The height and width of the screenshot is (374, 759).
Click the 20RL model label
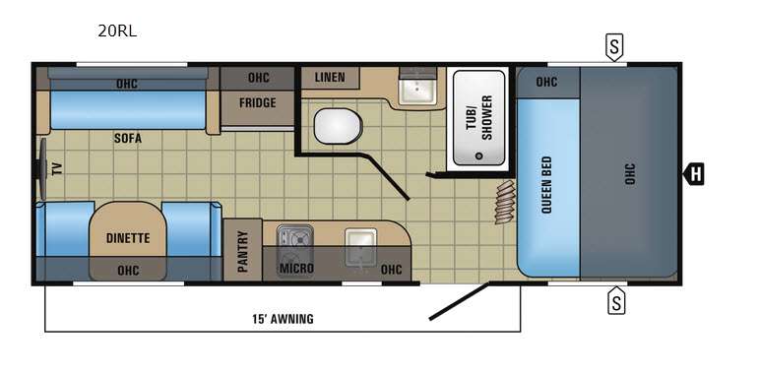117,31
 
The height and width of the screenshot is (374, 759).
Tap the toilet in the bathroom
338,126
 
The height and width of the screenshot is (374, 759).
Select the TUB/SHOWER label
479,117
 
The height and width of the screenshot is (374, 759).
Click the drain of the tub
479,156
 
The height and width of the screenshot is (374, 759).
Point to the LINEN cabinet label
330,77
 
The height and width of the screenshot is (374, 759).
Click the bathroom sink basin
416,91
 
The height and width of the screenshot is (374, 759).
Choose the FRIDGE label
258,102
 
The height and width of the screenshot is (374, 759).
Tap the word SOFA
128,139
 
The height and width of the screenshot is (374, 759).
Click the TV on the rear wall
42,169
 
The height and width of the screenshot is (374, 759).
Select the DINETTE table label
128,238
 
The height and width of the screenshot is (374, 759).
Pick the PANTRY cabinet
242,250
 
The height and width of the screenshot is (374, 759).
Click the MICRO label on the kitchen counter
296,268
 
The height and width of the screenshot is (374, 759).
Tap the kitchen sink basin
360,246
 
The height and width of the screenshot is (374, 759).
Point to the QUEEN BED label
546,185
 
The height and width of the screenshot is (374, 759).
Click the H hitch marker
694,174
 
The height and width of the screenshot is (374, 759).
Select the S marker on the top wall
614,47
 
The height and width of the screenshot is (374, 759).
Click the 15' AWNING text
283,319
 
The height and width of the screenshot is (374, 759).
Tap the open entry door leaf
459,301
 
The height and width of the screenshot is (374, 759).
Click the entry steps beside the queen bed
505,202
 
